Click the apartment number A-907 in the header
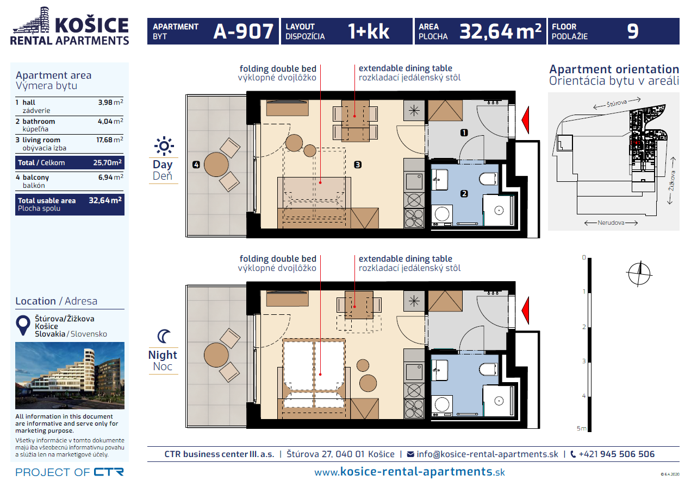pyautogui.click(x=244, y=31)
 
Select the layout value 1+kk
pyautogui.click(x=368, y=31)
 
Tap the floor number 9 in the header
pyautogui.click(x=632, y=31)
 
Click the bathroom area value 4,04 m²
pyautogui.click(x=110, y=121)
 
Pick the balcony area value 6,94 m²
pyautogui.click(x=111, y=177)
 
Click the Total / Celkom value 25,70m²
pyautogui.click(x=107, y=162)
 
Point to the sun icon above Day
pyautogui.click(x=164, y=145)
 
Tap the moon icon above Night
pyautogui.click(x=164, y=336)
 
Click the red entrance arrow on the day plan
pyautogui.click(x=525, y=120)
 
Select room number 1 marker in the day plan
pyautogui.click(x=464, y=132)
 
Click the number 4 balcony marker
pyautogui.click(x=196, y=164)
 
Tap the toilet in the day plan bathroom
pyautogui.click(x=488, y=179)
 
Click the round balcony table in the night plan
pyautogui.click(x=216, y=355)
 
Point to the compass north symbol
pyautogui.click(x=639, y=274)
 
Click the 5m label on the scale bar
pyautogui.click(x=582, y=428)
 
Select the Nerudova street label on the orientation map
pyautogui.click(x=611, y=223)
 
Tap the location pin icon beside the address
pyautogui.click(x=23, y=325)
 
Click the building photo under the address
pyautogui.click(x=70, y=376)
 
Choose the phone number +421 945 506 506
pyautogui.click(x=617, y=454)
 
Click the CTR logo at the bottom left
pyautogui.click(x=109, y=472)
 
